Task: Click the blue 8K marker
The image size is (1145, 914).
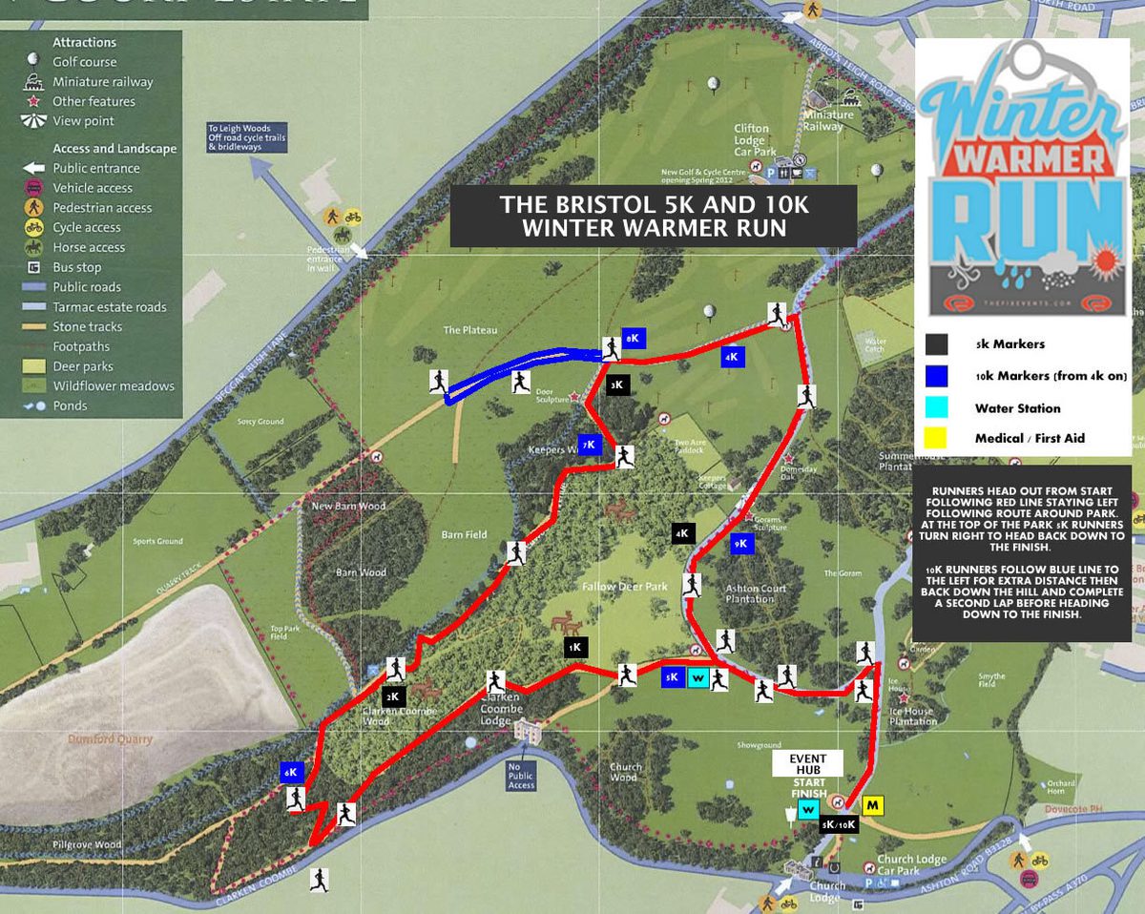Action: pyautogui.click(x=634, y=338)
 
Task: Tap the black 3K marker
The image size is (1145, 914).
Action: pyautogui.click(x=617, y=385)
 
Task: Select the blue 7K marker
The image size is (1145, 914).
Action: pyautogui.click(x=591, y=445)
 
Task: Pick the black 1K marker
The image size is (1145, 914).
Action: pyautogui.click(x=574, y=647)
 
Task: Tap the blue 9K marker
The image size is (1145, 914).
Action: pyautogui.click(x=741, y=544)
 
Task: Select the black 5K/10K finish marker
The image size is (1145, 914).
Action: pyautogui.click(x=839, y=823)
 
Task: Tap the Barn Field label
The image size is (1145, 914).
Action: pyautogui.click(x=465, y=534)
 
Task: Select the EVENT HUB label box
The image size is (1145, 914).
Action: pyautogui.click(x=806, y=762)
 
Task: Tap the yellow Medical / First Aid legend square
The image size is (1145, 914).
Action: pyautogui.click(x=936, y=438)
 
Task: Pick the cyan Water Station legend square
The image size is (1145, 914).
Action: pyautogui.click(x=936, y=407)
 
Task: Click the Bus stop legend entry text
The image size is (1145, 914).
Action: pyautogui.click(x=77, y=267)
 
